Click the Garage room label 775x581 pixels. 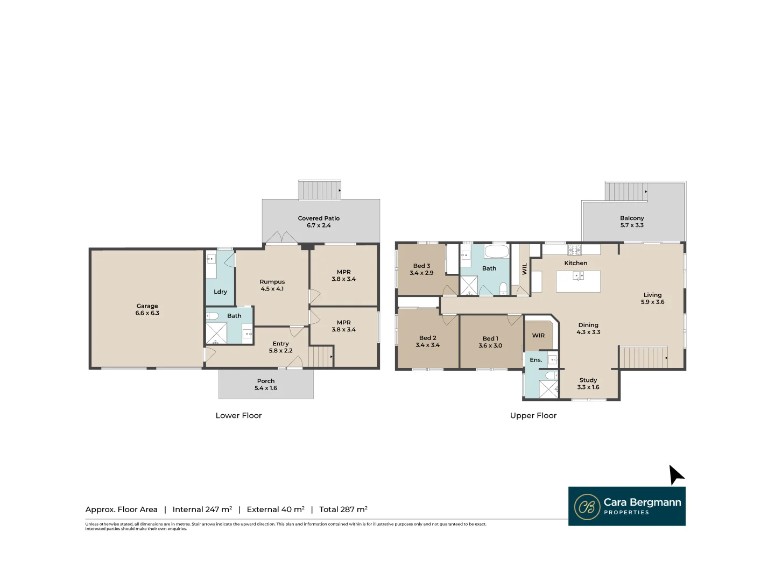tap(147, 306)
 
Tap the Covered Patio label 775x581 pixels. tap(319, 218)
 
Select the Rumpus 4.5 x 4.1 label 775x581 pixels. tap(272, 285)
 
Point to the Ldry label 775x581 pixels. tap(220, 292)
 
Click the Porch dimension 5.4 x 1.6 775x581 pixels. tap(266, 388)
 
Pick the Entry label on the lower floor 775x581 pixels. tap(280, 344)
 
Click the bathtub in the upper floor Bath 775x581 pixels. tap(496, 252)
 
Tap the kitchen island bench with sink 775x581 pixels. tap(578, 281)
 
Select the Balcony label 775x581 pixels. tap(632, 218)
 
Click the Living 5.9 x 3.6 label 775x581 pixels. tap(652, 299)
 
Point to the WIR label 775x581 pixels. tap(538, 336)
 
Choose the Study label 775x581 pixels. tap(588, 380)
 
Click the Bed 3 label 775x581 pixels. tap(421, 266)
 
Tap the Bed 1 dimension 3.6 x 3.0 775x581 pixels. tap(490, 346)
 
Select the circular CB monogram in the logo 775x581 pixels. tap(587, 507)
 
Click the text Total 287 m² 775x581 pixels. tap(343, 509)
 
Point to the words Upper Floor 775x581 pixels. tap(533, 416)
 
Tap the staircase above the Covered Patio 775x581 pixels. tap(320, 190)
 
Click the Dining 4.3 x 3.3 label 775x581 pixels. tap(588, 329)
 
